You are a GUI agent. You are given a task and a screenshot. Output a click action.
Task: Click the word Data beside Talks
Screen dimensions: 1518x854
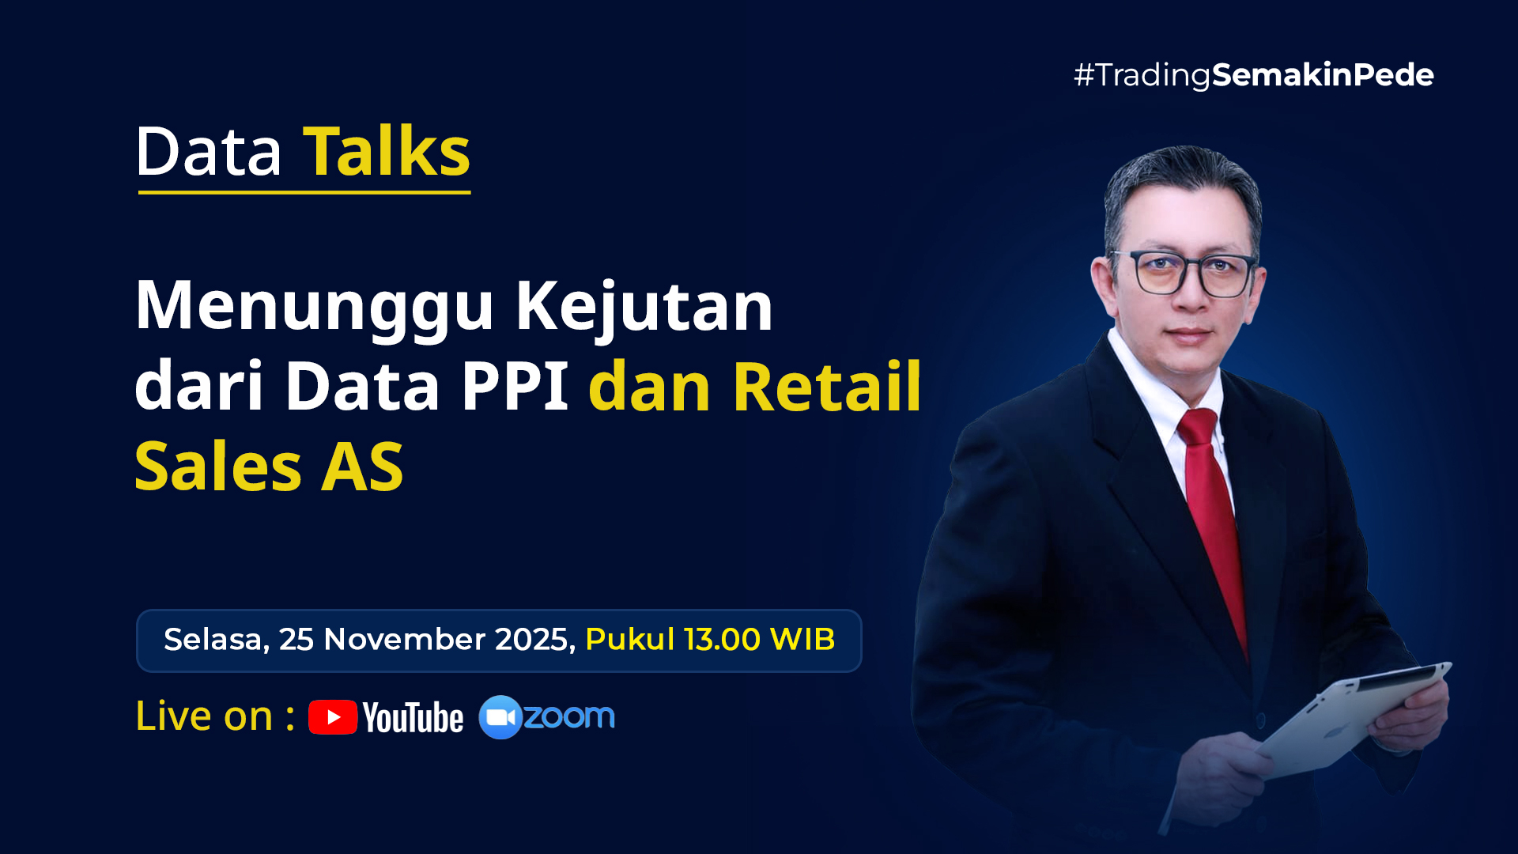click(x=209, y=151)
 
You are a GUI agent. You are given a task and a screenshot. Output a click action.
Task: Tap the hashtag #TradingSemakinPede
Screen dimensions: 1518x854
click(x=1253, y=75)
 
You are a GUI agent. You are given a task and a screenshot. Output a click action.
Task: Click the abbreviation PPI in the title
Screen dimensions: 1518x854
click(x=515, y=387)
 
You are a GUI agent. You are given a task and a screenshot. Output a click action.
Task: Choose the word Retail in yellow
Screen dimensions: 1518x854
click(x=827, y=386)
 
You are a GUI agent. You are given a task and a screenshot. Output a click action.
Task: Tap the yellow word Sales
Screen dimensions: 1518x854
click(x=218, y=467)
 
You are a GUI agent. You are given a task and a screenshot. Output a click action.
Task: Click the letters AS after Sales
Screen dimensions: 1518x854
click(x=362, y=467)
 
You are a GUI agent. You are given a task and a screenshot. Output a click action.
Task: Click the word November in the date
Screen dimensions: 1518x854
click(x=405, y=639)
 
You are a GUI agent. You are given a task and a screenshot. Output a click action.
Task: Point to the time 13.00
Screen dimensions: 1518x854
click(x=723, y=639)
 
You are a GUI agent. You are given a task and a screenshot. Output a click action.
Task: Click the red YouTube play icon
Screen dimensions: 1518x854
click(x=333, y=717)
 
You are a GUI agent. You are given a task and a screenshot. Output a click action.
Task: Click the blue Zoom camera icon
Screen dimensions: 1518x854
click(x=500, y=717)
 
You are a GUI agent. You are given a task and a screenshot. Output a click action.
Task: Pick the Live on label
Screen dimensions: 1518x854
click(x=215, y=716)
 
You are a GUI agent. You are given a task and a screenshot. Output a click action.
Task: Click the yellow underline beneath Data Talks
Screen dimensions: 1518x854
click(x=304, y=192)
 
